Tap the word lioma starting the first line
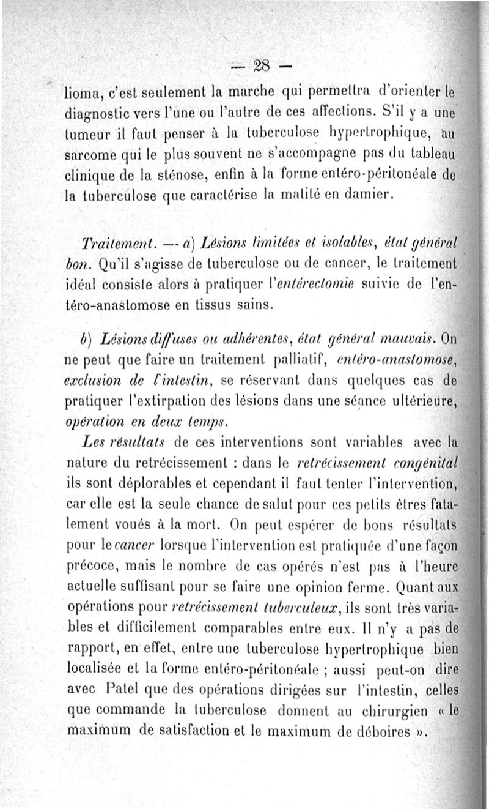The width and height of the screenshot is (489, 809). click(83, 94)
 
